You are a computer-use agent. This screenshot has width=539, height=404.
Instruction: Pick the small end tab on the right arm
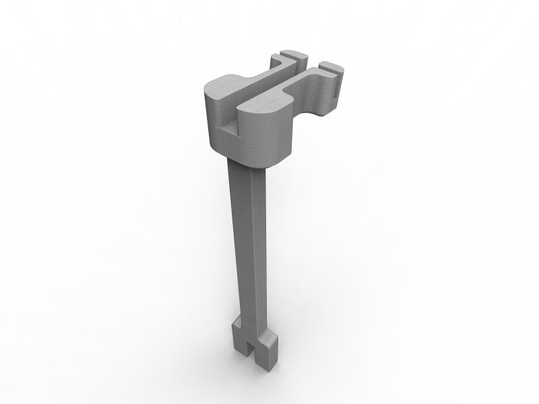[329, 67]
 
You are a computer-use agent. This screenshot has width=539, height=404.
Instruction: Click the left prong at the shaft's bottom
[239, 340]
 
